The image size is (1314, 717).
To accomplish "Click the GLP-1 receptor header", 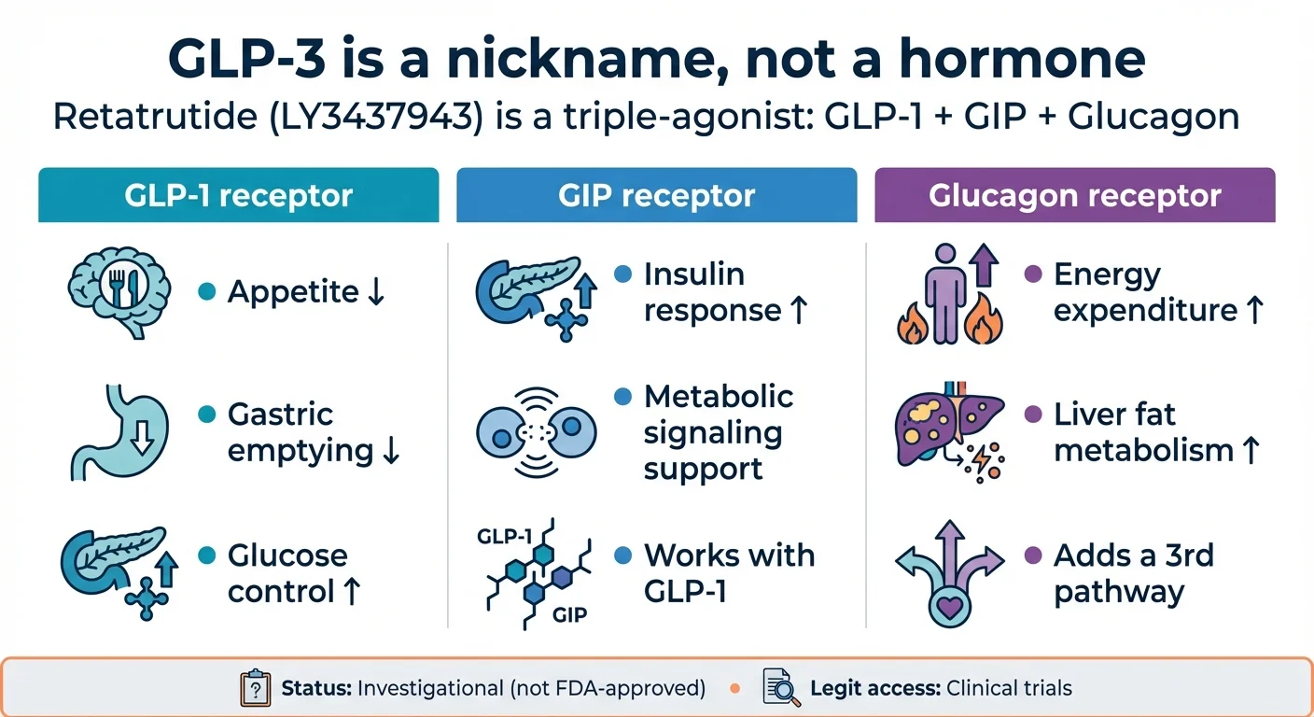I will (238, 195).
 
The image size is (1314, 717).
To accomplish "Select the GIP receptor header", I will (656, 195).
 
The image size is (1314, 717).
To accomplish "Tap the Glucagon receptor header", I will (1074, 195).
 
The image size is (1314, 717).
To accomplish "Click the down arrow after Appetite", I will (375, 292).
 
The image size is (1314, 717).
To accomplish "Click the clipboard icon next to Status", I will (255, 688).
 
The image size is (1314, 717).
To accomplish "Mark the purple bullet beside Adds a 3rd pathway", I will (1032, 556).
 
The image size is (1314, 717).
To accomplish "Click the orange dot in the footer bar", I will (734, 689).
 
